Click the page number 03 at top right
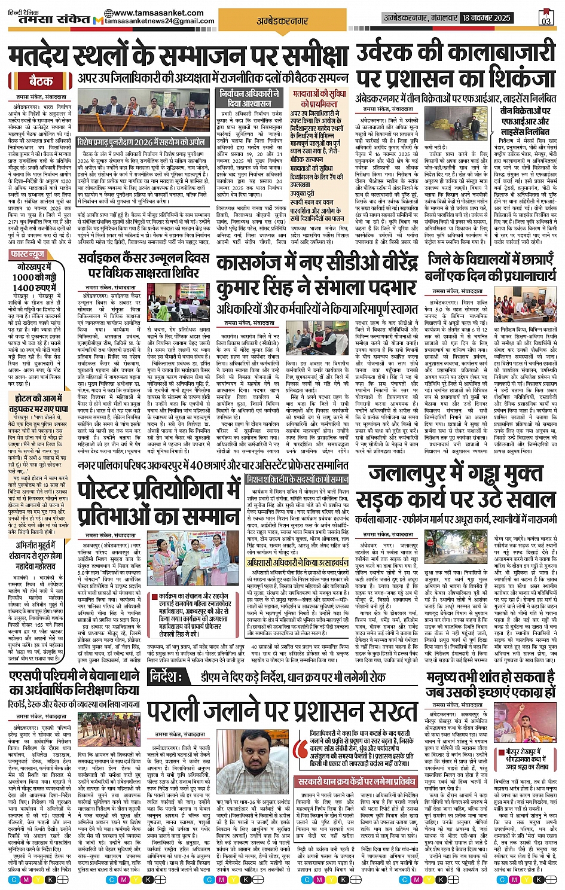pyautogui.click(x=545, y=18)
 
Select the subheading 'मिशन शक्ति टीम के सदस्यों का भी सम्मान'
pyautogui.click(x=298, y=480)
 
